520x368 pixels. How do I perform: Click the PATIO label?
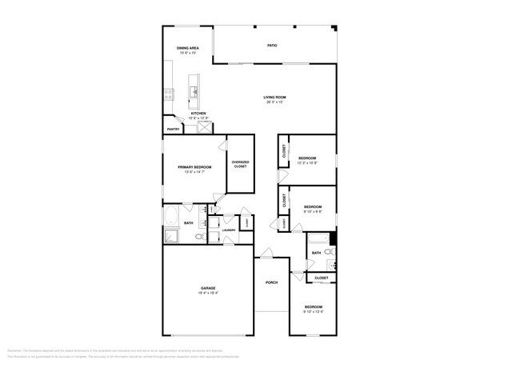tap(272, 46)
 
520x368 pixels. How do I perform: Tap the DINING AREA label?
tap(188, 48)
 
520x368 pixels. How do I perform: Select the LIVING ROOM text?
tap(274, 98)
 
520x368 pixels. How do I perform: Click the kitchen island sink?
tap(194, 91)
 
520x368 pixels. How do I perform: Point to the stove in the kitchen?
tap(168, 94)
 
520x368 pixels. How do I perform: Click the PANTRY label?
tap(172, 129)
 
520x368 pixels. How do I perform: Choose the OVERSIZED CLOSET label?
tap(240, 164)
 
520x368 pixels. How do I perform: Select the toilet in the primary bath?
tap(198, 237)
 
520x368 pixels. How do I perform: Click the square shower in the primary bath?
tap(171, 235)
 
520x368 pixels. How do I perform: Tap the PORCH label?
tap(271, 282)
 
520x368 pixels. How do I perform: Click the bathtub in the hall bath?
tap(318, 238)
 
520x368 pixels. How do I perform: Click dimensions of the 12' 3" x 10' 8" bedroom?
tap(307, 163)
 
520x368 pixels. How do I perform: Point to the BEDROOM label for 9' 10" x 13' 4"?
tap(313, 306)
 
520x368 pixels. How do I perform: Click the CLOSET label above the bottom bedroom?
tap(321, 278)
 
